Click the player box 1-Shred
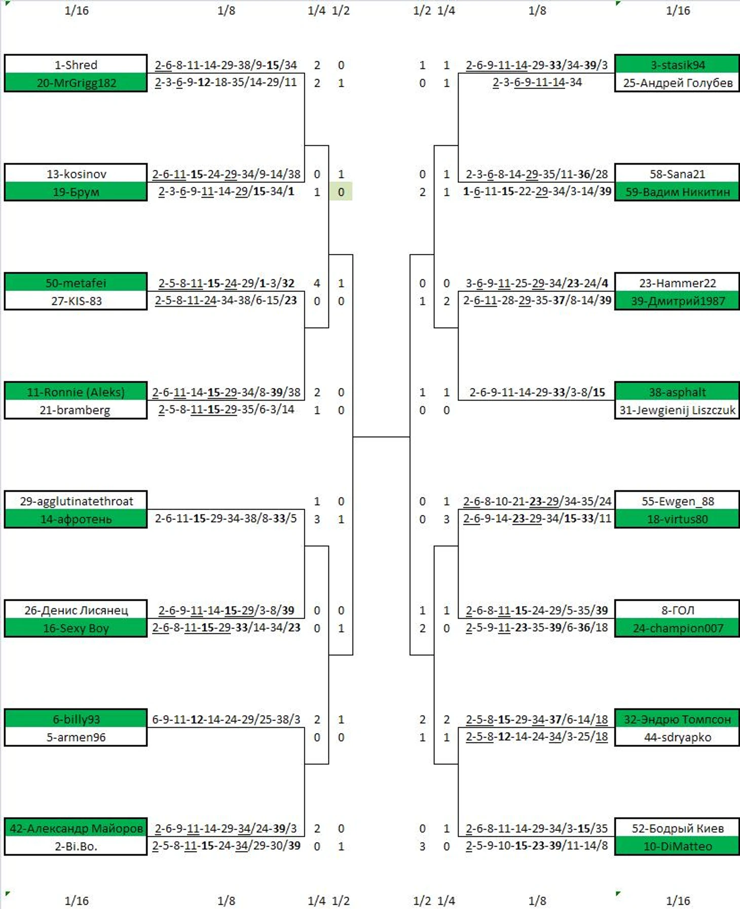(x=76, y=65)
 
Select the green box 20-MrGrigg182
(x=76, y=83)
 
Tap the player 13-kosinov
(x=76, y=174)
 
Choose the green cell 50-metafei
(x=76, y=283)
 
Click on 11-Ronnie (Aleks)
(x=76, y=392)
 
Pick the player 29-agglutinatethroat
(x=76, y=501)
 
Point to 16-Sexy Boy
(x=76, y=628)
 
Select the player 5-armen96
(x=76, y=737)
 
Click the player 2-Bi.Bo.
(x=76, y=846)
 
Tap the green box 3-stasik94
(x=678, y=65)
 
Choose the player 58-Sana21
(x=678, y=174)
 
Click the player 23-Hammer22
(x=678, y=283)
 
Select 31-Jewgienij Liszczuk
(x=678, y=410)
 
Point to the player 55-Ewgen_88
(x=678, y=501)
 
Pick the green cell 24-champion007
(x=678, y=628)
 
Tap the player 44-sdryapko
(x=678, y=737)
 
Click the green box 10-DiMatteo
(x=678, y=846)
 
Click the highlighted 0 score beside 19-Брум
(x=341, y=192)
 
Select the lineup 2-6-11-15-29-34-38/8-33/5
(x=226, y=518)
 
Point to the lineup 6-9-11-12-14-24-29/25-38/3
(x=226, y=719)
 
